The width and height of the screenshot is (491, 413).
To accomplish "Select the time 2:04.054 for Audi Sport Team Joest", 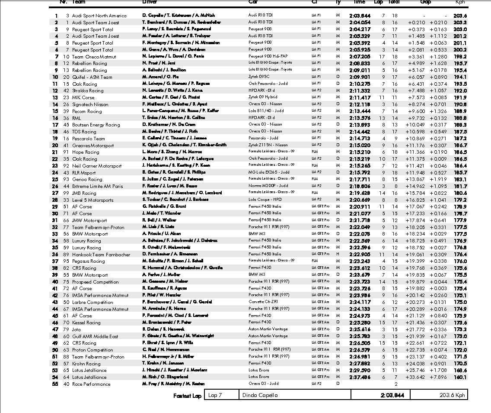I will (x=360, y=23).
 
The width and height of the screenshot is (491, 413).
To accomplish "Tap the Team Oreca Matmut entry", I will (x=94, y=57).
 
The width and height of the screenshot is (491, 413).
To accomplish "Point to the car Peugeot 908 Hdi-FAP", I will (x=267, y=56).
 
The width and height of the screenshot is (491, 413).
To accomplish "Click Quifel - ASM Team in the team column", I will (x=92, y=77).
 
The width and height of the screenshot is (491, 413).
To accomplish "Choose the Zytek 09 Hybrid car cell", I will (x=263, y=97).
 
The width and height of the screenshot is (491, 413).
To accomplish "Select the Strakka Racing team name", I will (x=88, y=91).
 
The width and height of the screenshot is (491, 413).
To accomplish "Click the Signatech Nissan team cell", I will (x=90, y=104).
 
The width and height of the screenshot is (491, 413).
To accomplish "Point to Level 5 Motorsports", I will (x=92, y=200).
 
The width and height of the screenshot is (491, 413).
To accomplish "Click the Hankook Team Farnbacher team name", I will (x=101, y=255).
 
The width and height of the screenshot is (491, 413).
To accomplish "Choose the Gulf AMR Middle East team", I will (x=95, y=336).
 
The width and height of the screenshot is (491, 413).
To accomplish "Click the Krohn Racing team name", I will (x=86, y=364).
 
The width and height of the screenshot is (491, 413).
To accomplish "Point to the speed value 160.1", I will (x=460, y=377).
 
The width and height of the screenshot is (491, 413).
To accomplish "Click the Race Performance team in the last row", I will (x=91, y=384).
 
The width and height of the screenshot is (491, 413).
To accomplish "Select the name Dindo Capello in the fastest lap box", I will (x=260, y=395).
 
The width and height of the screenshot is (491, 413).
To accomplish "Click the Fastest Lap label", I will (x=188, y=396).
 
